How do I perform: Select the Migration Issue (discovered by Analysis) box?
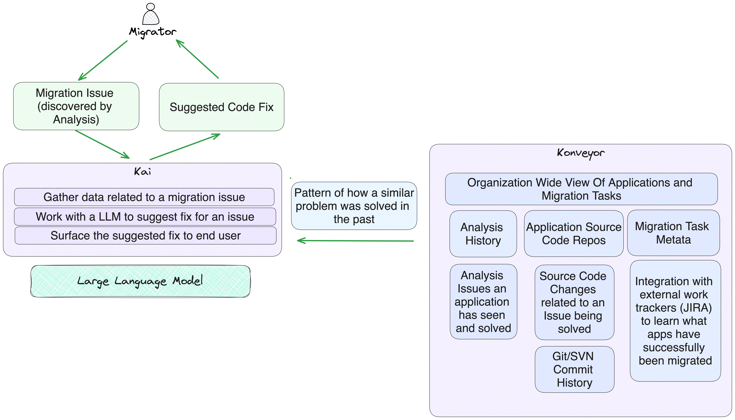(76, 106)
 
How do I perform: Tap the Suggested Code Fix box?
(221, 107)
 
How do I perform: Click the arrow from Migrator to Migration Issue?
(103, 61)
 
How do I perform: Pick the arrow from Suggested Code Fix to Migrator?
(197, 59)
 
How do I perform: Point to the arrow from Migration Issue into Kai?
(102, 144)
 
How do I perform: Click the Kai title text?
(142, 172)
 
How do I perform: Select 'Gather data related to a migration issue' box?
(144, 197)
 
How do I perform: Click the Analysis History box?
(483, 234)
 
